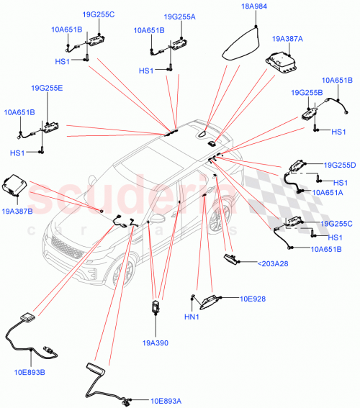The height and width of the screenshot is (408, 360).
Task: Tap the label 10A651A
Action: [x=328, y=192]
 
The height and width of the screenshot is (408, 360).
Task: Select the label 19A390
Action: [x=157, y=343]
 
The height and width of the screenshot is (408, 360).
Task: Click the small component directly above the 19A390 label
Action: [x=156, y=309]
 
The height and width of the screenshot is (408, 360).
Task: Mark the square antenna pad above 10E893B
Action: [x=27, y=318]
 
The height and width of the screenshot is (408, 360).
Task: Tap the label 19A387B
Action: [x=17, y=212]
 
